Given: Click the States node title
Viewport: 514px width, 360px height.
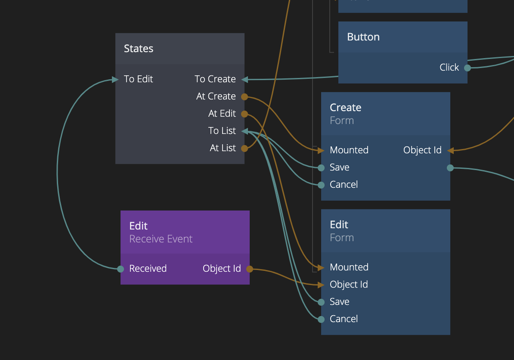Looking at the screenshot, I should click(139, 49).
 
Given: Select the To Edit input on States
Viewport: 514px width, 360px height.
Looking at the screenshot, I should click(138, 79).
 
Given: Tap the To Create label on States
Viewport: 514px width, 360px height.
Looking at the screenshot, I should click(215, 79).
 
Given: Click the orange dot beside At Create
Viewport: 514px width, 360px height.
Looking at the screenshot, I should click(245, 97).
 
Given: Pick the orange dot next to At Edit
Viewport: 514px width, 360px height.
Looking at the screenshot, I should click(245, 114).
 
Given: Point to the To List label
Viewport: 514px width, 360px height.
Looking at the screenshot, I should click(222, 131).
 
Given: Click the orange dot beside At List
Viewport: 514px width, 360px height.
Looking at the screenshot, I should click(245, 149).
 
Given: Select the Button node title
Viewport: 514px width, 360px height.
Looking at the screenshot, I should click(363, 37).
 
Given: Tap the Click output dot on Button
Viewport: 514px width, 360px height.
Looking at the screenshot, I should click(468, 68).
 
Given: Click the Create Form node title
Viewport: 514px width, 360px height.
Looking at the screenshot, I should click(345, 108).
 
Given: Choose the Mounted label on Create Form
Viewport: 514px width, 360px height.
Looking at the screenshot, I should click(349, 150).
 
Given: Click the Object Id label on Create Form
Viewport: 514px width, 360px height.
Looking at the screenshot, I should click(422, 150).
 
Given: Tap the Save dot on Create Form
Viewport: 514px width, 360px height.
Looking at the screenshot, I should click(321, 168).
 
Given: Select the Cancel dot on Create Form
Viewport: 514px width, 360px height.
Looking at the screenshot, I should click(321, 185).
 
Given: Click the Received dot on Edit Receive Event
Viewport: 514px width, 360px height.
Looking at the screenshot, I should click(121, 269).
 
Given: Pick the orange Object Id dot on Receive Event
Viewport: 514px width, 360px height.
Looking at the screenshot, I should click(250, 269).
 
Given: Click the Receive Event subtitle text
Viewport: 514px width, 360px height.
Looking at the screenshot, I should click(161, 239).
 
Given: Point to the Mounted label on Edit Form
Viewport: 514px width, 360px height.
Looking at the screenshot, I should click(349, 267).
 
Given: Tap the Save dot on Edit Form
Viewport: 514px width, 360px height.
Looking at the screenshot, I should click(321, 302).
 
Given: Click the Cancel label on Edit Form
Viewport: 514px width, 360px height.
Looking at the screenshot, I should click(344, 319).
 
